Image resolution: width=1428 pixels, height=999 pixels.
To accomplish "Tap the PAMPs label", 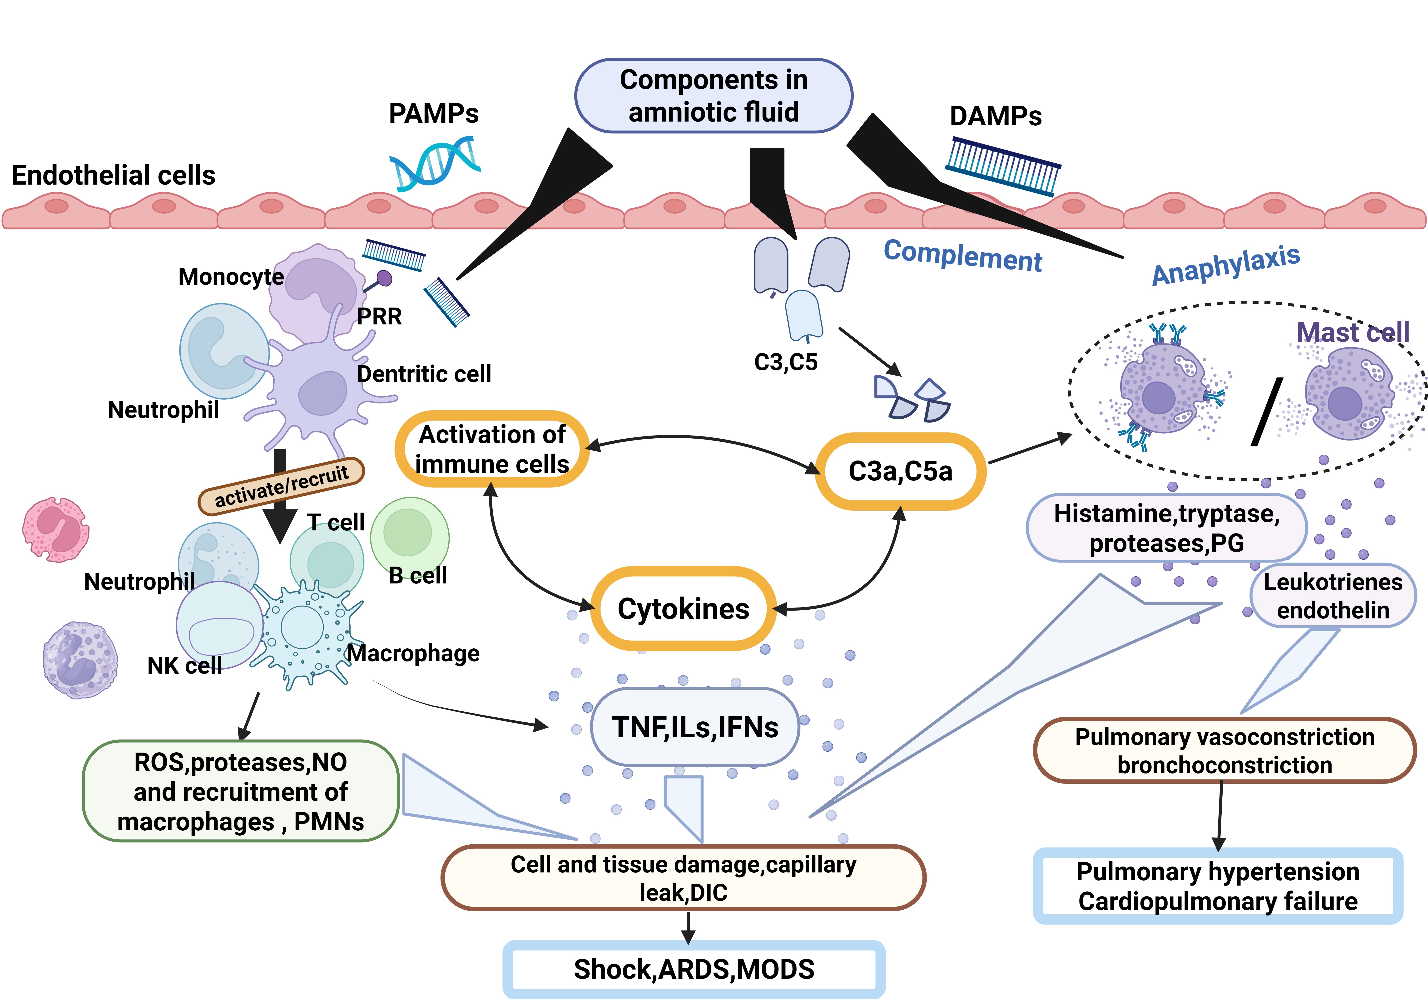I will pyautogui.click(x=433, y=114).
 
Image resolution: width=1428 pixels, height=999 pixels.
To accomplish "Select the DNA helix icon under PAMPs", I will pyautogui.click(x=435, y=163).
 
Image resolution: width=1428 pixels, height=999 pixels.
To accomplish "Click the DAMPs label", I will pyautogui.click(x=995, y=116).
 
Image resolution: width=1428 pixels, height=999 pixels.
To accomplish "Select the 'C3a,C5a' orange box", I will pyautogui.click(x=900, y=471).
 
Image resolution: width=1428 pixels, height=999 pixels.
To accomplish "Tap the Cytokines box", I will pyautogui.click(x=683, y=609).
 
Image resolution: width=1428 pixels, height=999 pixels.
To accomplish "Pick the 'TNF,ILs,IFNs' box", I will pyautogui.click(x=695, y=727).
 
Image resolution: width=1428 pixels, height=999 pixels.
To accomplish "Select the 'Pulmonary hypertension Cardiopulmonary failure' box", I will pyautogui.click(x=1218, y=886).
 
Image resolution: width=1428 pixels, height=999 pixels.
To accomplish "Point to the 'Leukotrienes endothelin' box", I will pyautogui.click(x=1333, y=596).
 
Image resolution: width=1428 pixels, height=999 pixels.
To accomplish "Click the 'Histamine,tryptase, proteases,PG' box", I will pyautogui.click(x=1166, y=528).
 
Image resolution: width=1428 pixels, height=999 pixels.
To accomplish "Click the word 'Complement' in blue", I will pyautogui.click(x=963, y=255).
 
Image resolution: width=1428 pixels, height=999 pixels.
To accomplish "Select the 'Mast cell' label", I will pyautogui.click(x=1353, y=333).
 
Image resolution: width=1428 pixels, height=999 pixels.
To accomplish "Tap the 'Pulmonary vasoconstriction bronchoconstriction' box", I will pyautogui.click(x=1224, y=750).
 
